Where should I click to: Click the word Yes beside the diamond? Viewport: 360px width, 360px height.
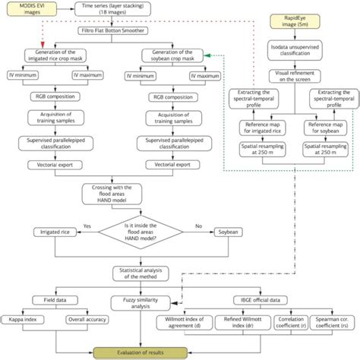coord(88,226)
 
